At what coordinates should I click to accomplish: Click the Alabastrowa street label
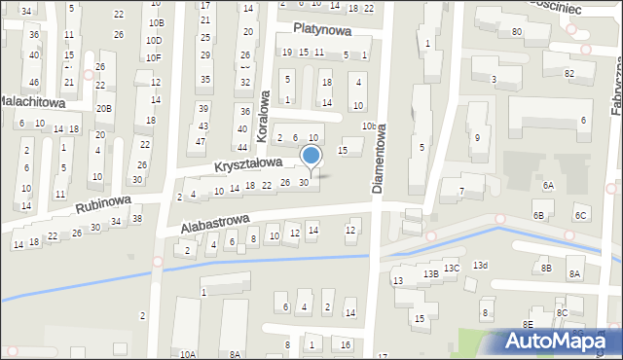214,225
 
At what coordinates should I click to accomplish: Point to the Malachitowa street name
31,101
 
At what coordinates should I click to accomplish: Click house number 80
517,32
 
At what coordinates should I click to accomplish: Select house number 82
568,74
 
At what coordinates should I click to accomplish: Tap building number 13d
480,265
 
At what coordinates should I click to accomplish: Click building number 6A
548,185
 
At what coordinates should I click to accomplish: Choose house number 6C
580,215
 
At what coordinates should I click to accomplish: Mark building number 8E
528,324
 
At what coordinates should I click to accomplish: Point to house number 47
200,142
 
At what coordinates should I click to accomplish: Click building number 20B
103,108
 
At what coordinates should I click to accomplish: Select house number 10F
154,57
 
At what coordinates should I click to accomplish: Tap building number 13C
452,268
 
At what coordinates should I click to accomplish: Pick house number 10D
154,41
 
